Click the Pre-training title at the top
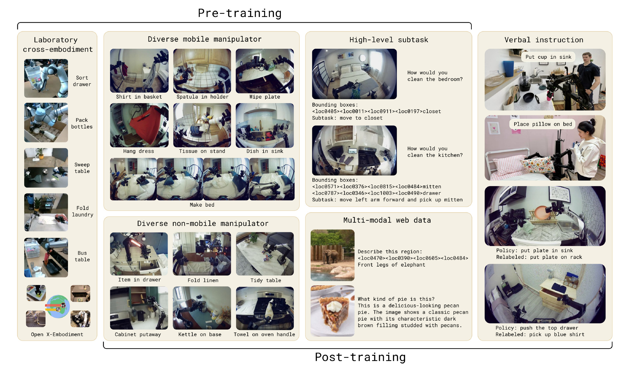pyautogui.click(x=240, y=13)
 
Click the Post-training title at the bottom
pyautogui.click(x=360, y=357)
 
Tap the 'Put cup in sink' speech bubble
pyautogui.click(x=548, y=57)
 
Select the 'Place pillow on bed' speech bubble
pyautogui.click(x=543, y=124)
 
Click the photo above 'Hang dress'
pyautogui.click(x=139, y=125)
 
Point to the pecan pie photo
pyautogui.click(x=332, y=311)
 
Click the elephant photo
pyautogui.click(x=332, y=255)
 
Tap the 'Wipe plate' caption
pyautogui.click(x=264, y=97)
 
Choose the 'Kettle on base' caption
pyautogui.click(x=200, y=334)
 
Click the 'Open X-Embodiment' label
pyautogui.click(x=57, y=334)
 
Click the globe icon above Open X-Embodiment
pyautogui.click(x=58, y=306)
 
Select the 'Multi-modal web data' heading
pyautogui.click(x=387, y=220)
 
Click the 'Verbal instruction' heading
pyautogui.click(x=544, y=40)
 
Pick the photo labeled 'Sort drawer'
pyautogui.click(x=46, y=78)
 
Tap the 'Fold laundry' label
pyautogui.click(x=82, y=211)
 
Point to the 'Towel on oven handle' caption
pyautogui.click(x=264, y=334)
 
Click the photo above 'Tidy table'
pyautogui.click(x=265, y=254)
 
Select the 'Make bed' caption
pyautogui.click(x=202, y=205)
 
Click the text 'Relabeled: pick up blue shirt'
pyautogui.click(x=540, y=334)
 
